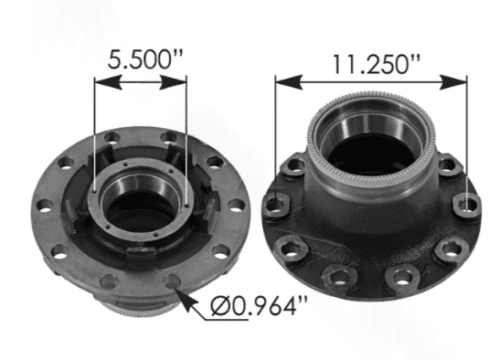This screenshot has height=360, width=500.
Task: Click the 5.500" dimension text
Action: [145, 59]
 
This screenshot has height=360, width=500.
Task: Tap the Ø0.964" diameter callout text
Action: [260, 305]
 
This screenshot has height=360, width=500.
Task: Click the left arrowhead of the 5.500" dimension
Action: [109, 82]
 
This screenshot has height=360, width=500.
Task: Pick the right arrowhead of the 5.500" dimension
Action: [173, 82]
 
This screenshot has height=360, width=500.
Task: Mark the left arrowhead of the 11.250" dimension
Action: [289, 82]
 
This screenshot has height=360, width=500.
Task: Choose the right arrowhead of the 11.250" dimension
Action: [453, 82]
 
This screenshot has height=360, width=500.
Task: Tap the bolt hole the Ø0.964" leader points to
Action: [172, 281]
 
